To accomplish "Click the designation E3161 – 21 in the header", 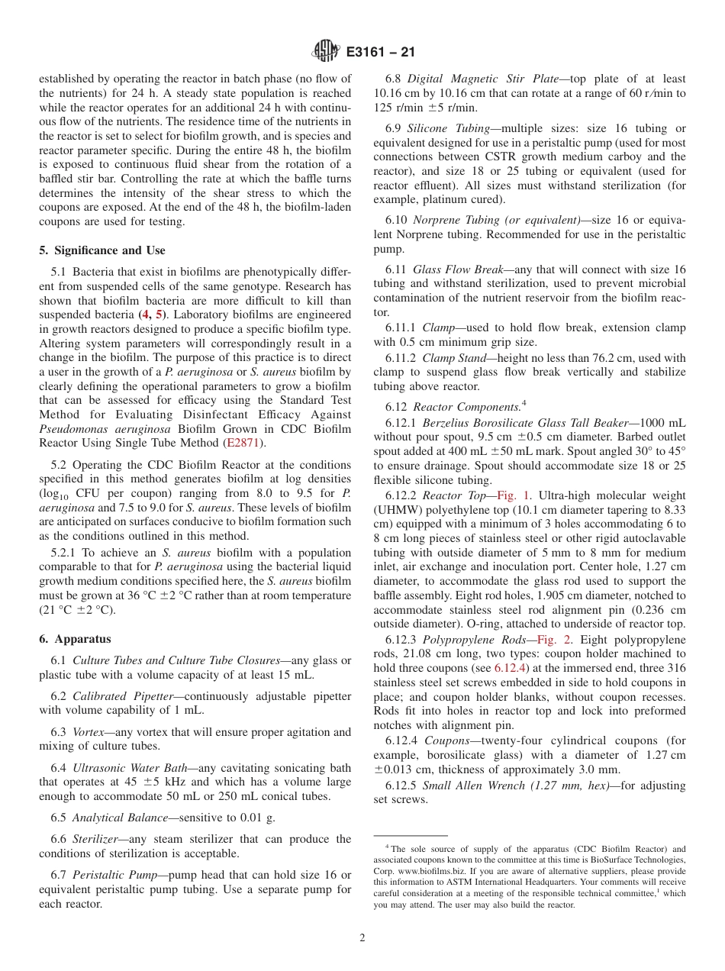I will [380, 53].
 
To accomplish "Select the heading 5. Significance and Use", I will [102, 250].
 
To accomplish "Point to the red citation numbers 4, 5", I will [150, 315].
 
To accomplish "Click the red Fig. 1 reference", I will [514, 495].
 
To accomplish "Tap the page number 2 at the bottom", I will [362, 938].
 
